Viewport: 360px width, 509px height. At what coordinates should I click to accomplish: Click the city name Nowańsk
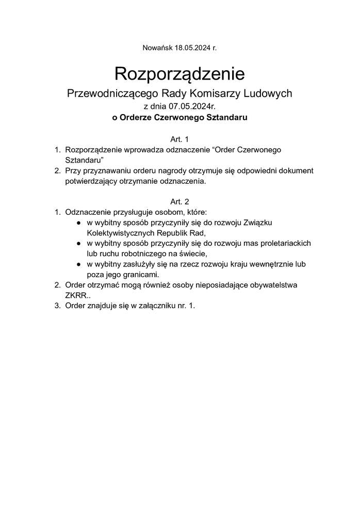click(x=157, y=48)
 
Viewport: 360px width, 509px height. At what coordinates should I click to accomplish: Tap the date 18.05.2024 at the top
click(x=192, y=48)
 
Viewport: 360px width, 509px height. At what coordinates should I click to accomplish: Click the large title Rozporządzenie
click(x=179, y=73)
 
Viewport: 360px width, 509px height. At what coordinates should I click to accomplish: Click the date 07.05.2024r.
click(x=191, y=106)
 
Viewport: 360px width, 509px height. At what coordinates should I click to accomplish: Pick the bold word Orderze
click(x=135, y=118)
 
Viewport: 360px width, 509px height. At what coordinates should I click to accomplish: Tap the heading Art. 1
click(x=180, y=139)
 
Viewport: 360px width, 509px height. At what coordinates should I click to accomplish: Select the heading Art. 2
click(x=180, y=201)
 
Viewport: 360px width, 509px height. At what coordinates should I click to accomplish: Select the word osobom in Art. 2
click(x=161, y=212)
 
